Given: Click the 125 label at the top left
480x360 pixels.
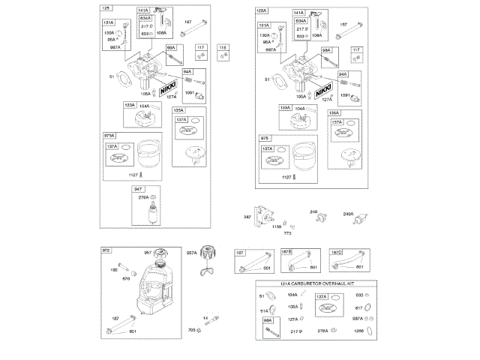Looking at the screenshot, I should [x=106, y=7].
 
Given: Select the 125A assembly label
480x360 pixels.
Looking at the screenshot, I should [x=261, y=10].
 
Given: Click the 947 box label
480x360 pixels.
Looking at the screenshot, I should [x=137, y=189].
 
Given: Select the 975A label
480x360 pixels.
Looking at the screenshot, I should [x=110, y=135].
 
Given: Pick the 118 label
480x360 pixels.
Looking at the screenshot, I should [x=222, y=48].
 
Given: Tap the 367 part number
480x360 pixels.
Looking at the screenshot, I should [x=247, y=217].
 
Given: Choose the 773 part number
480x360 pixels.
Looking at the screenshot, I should [x=286, y=233].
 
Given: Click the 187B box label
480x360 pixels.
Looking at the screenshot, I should [x=286, y=252].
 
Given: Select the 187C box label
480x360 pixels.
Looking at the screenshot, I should [x=336, y=252].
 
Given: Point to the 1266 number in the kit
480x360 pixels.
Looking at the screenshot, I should [x=358, y=331].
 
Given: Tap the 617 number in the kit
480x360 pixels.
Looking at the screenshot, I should [x=358, y=307].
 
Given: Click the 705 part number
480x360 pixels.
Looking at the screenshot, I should [x=192, y=330].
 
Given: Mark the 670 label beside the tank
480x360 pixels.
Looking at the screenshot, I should [x=126, y=278].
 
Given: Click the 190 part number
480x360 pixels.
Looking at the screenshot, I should [x=115, y=269].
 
